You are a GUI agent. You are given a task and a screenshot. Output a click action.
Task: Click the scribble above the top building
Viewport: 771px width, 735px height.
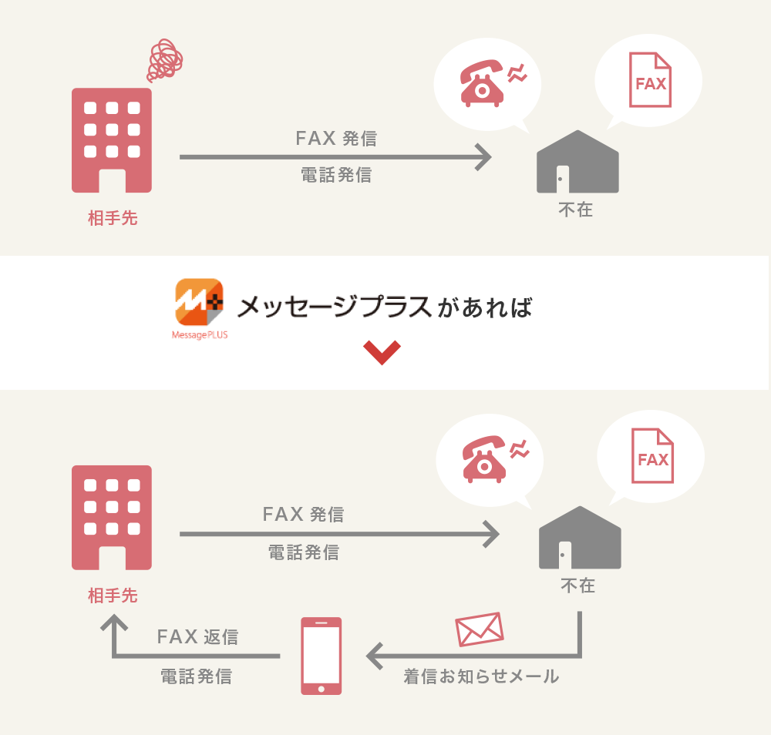click(166, 60)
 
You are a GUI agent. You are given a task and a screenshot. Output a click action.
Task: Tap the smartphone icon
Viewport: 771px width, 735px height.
click(320, 656)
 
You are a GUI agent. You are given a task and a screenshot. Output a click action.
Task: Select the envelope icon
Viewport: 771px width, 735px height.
click(480, 629)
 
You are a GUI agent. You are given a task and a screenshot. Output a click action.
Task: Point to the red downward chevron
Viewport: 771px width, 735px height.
click(382, 352)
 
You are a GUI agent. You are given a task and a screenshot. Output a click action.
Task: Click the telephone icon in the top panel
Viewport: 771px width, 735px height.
click(483, 83)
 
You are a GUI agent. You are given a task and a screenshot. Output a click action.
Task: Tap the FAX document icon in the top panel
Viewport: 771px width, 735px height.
click(650, 80)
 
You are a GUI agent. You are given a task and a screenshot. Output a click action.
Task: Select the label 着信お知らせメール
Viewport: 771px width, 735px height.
click(481, 677)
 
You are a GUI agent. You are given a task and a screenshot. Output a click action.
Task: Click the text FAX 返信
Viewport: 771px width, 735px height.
click(197, 637)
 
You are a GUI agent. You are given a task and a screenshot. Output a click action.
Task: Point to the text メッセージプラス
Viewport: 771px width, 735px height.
click(333, 307)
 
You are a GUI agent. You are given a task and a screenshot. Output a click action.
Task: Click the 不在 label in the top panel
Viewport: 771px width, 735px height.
click(576, 210)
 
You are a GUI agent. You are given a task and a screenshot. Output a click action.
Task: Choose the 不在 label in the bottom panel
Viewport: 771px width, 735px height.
click(577, 586)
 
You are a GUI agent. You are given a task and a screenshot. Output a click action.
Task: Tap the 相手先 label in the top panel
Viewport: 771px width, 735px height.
click(113, 218)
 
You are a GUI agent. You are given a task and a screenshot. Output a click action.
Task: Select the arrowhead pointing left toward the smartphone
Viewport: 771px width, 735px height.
click(375, 656)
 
